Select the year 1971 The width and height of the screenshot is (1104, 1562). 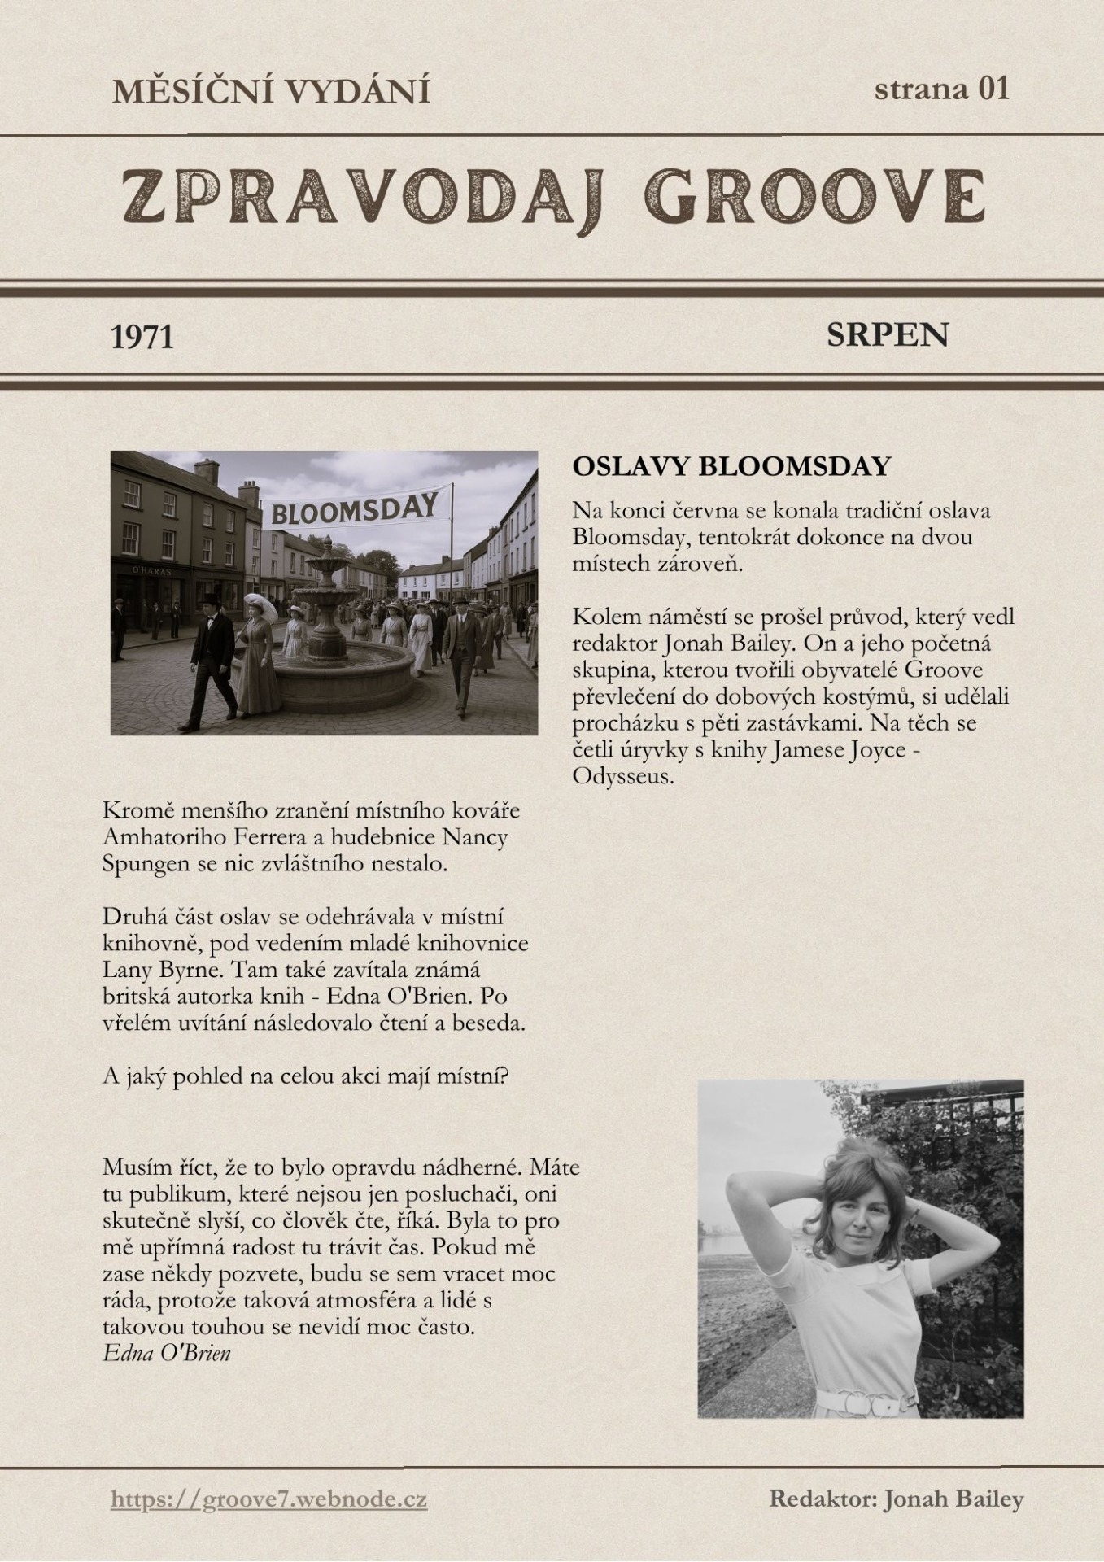(x=142, y=336)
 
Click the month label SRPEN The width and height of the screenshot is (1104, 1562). (x=887, y=334)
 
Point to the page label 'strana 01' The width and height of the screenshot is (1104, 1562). (x=941, y=88)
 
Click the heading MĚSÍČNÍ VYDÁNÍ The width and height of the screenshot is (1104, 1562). (x=271, y=91)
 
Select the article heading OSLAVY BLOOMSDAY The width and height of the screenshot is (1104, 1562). (x=731, y=466)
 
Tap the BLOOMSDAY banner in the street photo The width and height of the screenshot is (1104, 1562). (x=354, y=508)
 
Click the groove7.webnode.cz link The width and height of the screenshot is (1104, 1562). (x=269, y=1499)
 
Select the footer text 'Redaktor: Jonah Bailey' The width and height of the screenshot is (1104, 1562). (x=896, y=1499)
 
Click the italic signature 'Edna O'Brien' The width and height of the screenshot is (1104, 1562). (x=167, y=1353)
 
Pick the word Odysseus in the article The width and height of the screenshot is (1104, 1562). (x=624, y=775)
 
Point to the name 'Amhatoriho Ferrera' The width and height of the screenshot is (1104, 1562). (x=218, y=836)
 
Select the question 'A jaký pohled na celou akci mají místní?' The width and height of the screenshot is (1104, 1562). (x=305, y=1076)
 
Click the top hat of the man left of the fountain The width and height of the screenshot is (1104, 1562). (x=212, y=600)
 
